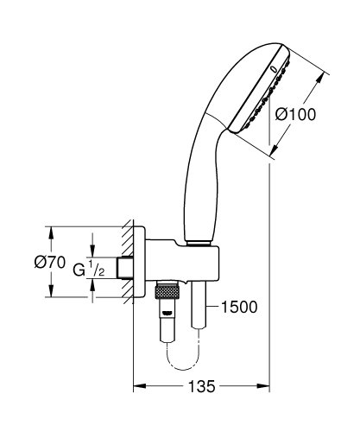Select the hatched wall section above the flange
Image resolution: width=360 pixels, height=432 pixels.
pyautogui.click(x=128, y=235)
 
